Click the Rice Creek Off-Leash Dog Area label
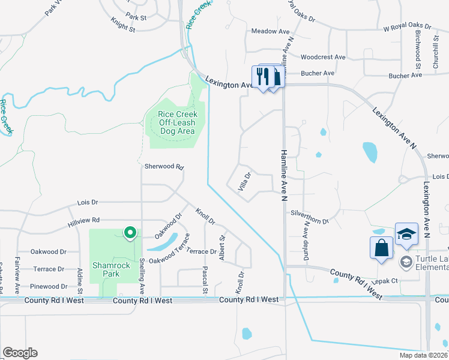(x=177, y=122)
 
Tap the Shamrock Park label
(x=106, y=269)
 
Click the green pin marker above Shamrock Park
(x=129, y=233)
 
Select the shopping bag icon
(x=382, y=248)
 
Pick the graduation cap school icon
(x=406, y=235)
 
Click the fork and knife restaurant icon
(x=262, y=76)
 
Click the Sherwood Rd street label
(x=163, y=167)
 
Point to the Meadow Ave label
(x=270, y=31)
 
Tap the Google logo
(x=20, y=353)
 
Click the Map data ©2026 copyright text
(x=424, y=355)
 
